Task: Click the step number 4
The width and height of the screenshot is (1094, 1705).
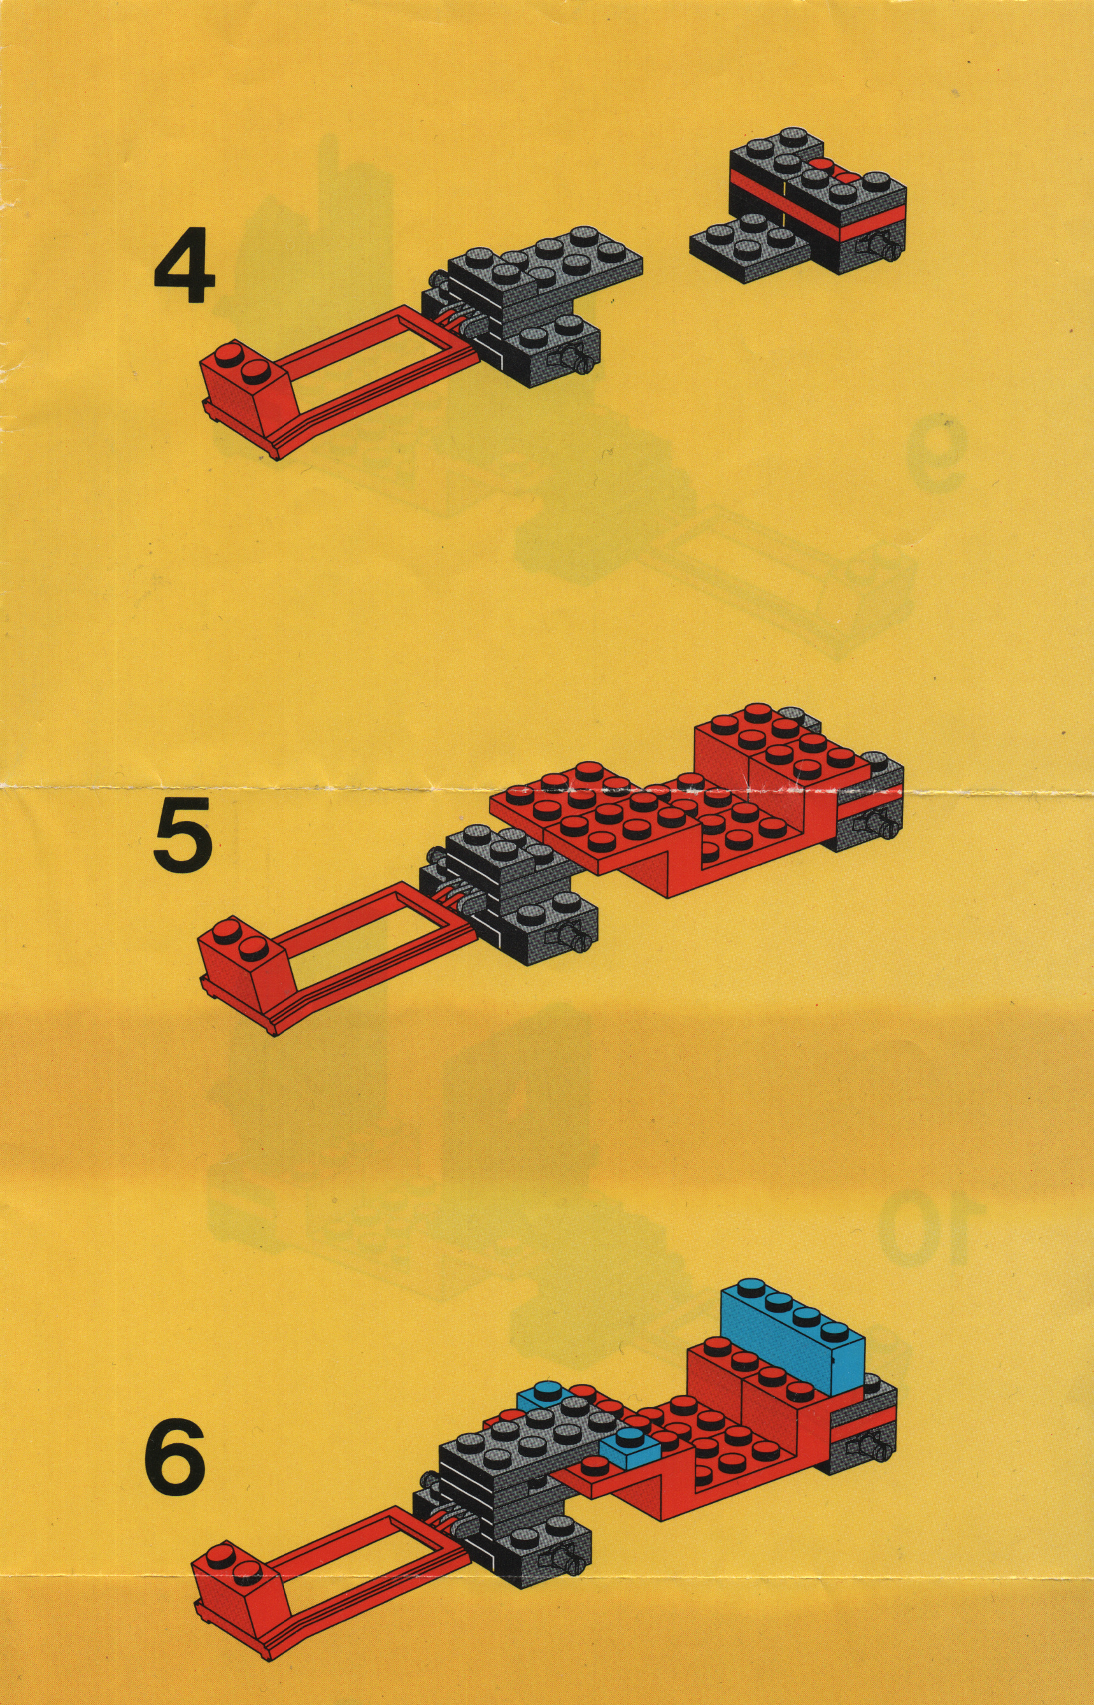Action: click(x=184, y=270)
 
